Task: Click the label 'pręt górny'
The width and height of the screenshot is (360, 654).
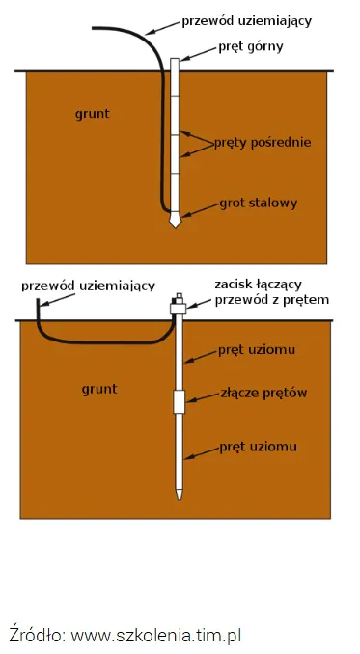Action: [x=251, y=46]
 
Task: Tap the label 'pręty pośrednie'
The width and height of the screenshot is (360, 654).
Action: [x=263, y=142]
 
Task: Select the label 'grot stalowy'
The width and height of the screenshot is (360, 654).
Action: [x=259, y=204]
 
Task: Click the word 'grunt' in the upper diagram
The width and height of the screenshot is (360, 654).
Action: [x=93, y=114]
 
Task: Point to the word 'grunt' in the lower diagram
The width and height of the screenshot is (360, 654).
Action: [x=99, y=389]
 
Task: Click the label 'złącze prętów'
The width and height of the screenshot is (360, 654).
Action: [x=263, y=393]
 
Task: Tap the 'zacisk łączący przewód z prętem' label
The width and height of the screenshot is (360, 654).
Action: [x=272, y=292]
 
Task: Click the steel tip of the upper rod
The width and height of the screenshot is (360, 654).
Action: [x=176, y=221]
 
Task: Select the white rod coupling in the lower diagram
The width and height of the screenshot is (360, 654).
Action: [x=179, y=401]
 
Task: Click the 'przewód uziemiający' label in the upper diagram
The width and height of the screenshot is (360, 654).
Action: [x=246, y=21]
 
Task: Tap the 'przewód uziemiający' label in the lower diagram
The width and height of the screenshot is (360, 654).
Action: [x=88, y=286]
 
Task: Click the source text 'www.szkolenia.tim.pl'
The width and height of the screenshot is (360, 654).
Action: [x=155, y=636]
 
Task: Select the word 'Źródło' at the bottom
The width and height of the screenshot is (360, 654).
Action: [x=36, y=635]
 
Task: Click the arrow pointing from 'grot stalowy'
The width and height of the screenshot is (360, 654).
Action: [x=201, y=210]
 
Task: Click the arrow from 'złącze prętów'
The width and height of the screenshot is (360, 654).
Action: [x=203, y=396]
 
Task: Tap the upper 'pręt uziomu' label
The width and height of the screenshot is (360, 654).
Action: [x=257, y=349]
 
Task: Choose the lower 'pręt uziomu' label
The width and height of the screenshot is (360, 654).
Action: [x=259, y=447]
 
